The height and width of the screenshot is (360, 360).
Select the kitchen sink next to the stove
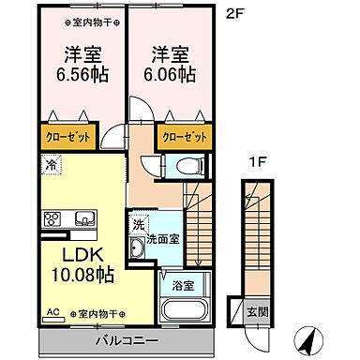tap(83, 220)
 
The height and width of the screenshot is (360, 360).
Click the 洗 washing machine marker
tap(137, 225)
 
